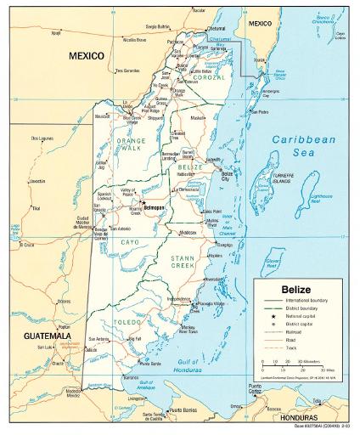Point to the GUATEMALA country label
coord(33,336)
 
